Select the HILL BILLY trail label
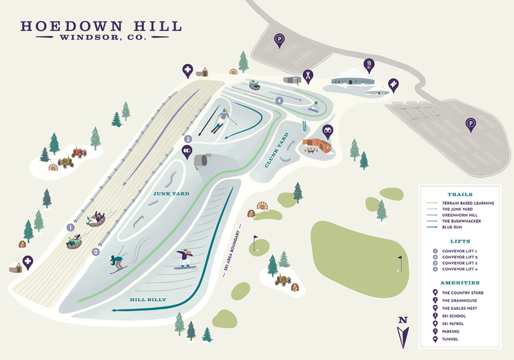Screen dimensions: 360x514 pyautogui.click(x=147, y=300)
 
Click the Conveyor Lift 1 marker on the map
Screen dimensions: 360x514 pyautogui.click(x=70, y=228)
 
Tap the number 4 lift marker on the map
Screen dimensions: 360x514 pyautogui.click(x=280, y=100)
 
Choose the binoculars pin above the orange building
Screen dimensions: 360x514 pyautogui.click(x=327, y=131)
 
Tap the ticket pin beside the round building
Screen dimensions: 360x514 pyautogui.click(x=394, y=85)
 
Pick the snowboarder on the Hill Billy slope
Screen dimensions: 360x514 pyautogui.click(x=183, y=258)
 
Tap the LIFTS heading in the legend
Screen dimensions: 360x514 pyautogui.click(x=460, y=241)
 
